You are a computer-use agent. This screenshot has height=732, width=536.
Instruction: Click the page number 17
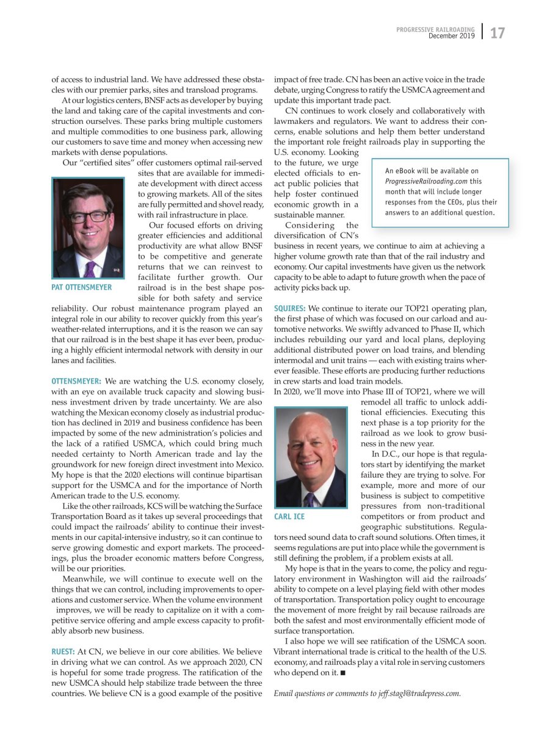pyautogui.click(x=498, y=32)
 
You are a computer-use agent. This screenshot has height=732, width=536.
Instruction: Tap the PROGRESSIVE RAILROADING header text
pyautogui.click(x=436, y=29)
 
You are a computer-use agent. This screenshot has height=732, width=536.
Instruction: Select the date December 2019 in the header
pyautogui.click(x=452, y=37)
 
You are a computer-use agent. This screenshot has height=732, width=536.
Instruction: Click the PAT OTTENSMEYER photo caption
pyautogui.click(x=82, y=287)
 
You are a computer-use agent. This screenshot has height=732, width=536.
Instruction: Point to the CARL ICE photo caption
pyautogui.click(x=289, y=517)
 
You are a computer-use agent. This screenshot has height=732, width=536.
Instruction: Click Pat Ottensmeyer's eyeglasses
pyautogui.click(x=89, y=217)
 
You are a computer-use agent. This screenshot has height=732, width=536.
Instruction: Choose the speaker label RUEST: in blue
pyautogui.click(x=63, y=651)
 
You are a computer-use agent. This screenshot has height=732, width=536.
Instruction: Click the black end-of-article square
pyautogui.click(x=343, y=673)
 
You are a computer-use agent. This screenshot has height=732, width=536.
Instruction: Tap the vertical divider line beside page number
pyautogui.click(x=483, y=32)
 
